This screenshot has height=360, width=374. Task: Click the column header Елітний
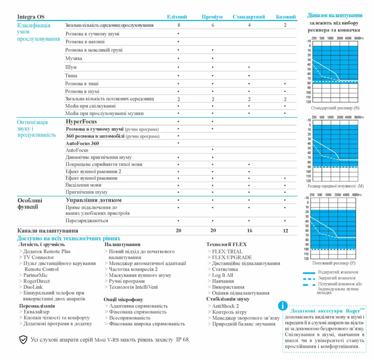(177, 17)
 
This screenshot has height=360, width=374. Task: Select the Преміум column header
(212, 17)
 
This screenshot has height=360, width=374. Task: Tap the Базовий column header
(286, 17)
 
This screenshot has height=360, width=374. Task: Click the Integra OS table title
(31, 17)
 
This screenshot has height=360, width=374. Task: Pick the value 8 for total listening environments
(179, 25)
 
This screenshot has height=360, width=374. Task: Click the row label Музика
(74, 58)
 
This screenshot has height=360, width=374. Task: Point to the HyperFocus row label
(81, 121)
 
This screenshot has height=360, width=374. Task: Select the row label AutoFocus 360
(82, 143)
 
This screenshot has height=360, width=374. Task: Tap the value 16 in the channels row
(249, 231)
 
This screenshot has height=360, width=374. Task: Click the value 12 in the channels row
(285, 231)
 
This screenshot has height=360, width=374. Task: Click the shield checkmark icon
(23, 340)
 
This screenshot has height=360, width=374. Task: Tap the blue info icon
(282, 306)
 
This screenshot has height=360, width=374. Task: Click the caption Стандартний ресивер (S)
(335, 108)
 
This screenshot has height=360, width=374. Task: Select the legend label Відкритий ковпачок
(338, 272)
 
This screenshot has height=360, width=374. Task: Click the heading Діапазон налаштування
(335, 15)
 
